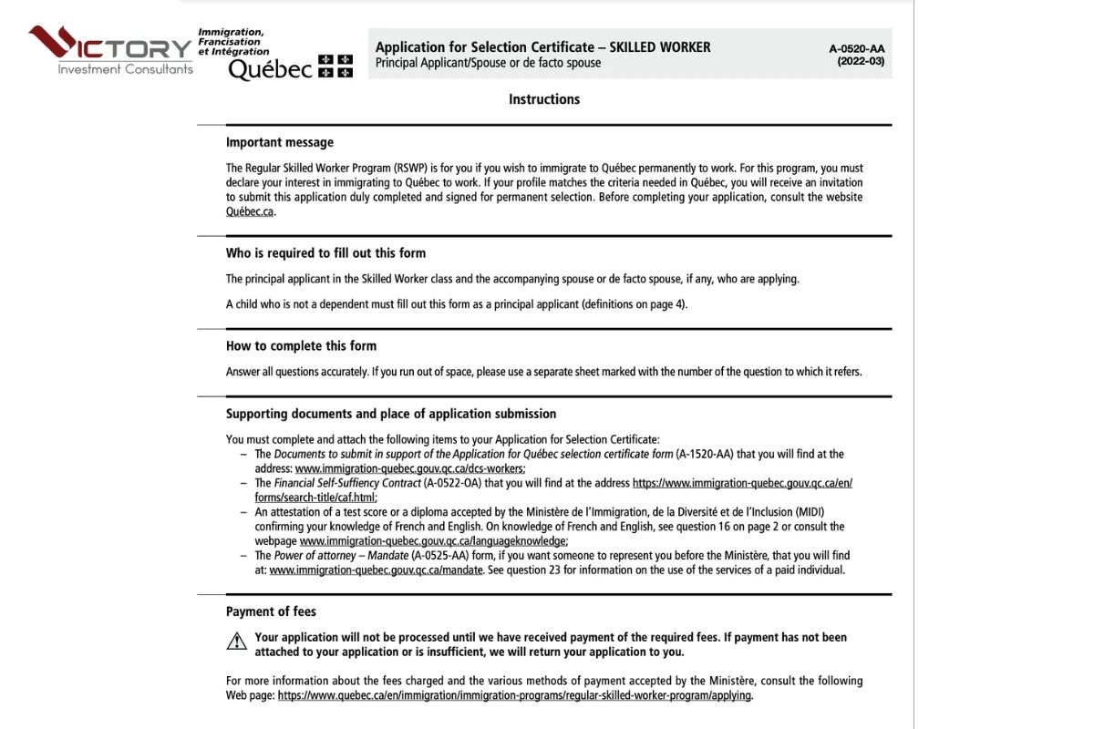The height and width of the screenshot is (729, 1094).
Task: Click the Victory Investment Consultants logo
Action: (x=110, y=50)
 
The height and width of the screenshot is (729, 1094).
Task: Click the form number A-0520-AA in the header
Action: (x=856, y=48)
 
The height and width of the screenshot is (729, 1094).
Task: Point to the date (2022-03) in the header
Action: (x=860, y=62)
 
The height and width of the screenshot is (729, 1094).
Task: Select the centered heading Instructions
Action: (x=544, y=99)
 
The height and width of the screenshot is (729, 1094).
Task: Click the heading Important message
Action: (x=280, y=142)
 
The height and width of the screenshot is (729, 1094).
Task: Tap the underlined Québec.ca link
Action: (x=250, y=211)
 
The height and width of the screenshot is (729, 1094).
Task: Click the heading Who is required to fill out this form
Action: (x=325, y=253)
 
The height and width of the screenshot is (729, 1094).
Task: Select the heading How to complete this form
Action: (x=301, y=346)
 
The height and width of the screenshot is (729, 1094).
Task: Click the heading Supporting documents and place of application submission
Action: (x=391, y=414)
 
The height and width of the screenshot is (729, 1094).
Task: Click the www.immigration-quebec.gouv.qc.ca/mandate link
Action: (x=382, y=570)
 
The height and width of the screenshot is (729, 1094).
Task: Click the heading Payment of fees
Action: (x=271, y=611)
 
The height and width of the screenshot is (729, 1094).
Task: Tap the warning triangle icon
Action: (x=236, y=642)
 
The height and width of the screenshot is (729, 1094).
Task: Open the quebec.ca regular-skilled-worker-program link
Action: (x=514, y=695)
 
